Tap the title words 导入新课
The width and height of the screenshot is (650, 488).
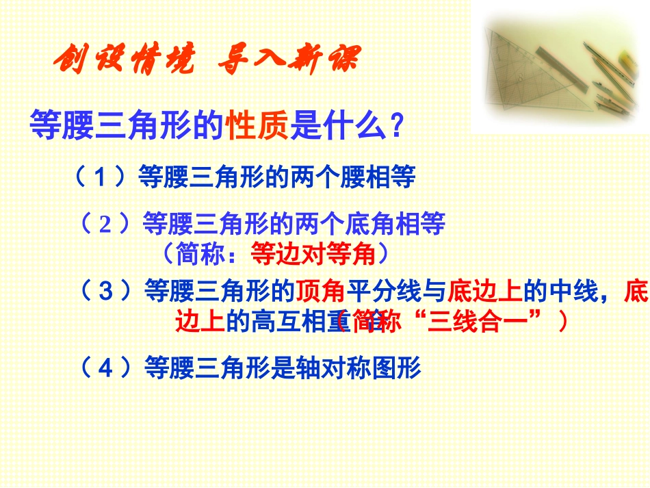287,62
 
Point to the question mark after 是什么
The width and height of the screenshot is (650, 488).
395,126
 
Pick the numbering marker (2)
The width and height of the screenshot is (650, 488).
105,224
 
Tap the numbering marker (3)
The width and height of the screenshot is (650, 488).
105,292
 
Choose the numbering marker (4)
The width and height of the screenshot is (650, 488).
105,368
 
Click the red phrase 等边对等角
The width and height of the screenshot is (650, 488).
314,255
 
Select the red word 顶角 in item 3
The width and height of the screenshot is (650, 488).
320,292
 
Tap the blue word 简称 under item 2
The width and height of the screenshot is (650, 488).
200,255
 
